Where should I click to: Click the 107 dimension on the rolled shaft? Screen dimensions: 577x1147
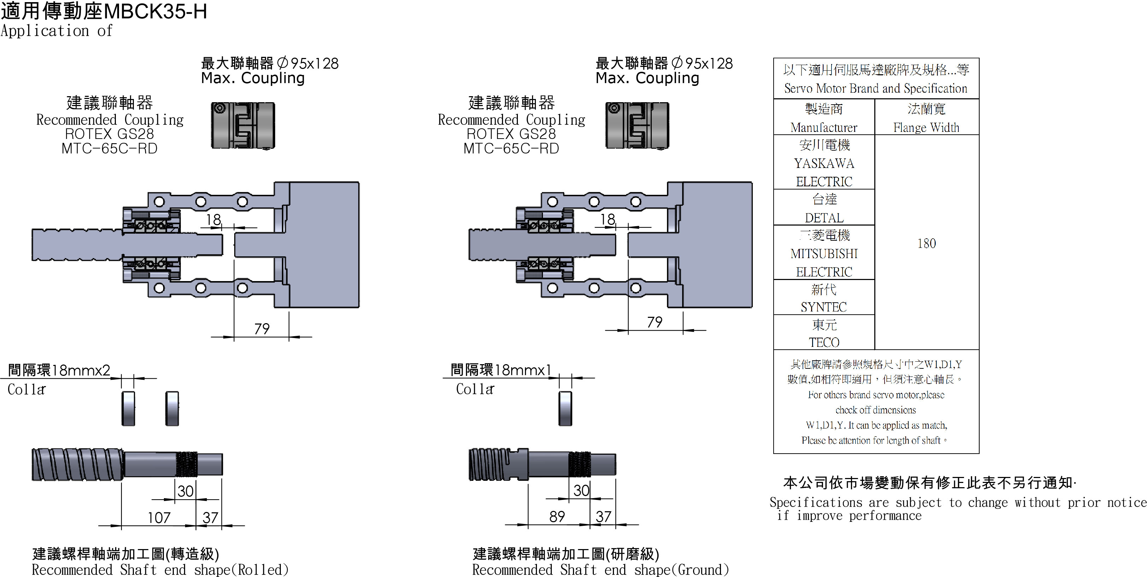[x=159, y=517]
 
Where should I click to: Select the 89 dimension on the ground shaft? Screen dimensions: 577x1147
[x=557, y=517]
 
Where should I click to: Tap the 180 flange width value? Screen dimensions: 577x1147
[x=927, y=243]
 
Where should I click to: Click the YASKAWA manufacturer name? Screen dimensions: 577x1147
[x=824, y=164]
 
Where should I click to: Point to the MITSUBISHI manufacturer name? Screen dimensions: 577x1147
[x=824, y=253]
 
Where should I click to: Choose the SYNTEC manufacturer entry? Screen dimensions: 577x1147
[x=824, y=307]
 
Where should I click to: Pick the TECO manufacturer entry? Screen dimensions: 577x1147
[x=824, y=342]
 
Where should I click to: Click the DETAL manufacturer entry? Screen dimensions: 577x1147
[x=824, y=218]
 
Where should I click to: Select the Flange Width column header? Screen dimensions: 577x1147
[x=926, y=127]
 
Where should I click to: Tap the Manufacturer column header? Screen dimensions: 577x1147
[x=824, y=127]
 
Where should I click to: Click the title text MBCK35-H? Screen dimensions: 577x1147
[x=156, y=12]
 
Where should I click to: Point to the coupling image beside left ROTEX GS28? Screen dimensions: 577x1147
[x=243, y=126]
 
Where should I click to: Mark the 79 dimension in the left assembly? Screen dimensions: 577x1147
[x=262, y=329]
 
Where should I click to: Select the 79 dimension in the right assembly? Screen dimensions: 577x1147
[x=655, y=322]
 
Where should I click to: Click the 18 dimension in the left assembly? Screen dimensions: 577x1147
[x=213, y=219]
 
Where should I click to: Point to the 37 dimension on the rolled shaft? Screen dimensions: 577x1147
[x=210, y=517]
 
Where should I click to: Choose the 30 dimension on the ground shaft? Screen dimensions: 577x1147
[x=581, y=491]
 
